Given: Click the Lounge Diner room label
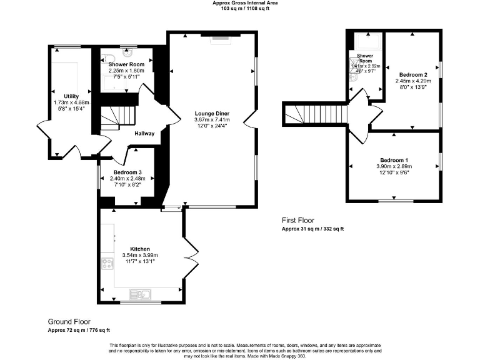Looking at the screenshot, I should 211,113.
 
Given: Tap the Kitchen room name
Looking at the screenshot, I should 140,248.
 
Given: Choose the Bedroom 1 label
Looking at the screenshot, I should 393,160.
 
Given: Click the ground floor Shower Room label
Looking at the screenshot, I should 126,64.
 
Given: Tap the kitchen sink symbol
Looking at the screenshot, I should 139,293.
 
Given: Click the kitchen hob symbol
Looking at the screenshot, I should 107,263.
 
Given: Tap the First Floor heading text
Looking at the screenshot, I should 297,220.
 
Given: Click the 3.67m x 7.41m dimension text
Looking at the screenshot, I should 211,119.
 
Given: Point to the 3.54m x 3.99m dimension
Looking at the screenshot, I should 140,255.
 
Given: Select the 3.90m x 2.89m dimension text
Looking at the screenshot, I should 393,167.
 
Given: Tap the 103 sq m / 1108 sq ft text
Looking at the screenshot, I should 240,8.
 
